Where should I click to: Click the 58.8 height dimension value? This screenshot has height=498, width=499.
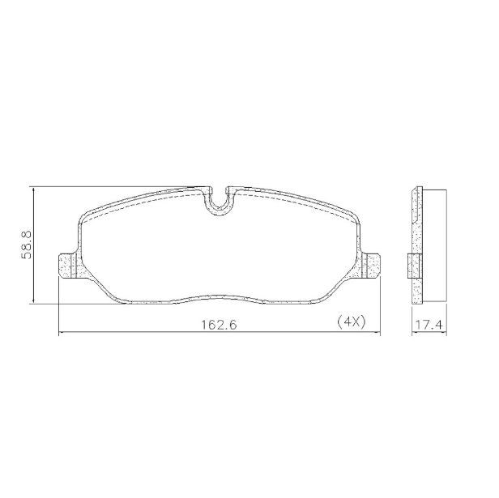pyautogui.click(x=26, y=244)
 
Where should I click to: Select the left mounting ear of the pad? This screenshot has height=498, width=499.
pyautogui.click(x=69, y=266)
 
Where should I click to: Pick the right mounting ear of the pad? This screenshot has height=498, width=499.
pyautogui.click(x=370, y=266)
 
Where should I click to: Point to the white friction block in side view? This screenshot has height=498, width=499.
pyautogui.click(x=433, y=243)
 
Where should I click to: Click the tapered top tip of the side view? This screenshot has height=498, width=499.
pyautogui.click(x=417, y=191)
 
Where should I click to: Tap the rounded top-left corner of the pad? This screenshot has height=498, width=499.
pyautogui.click(x=84, y=217)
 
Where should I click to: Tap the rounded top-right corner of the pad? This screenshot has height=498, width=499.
pyautogui.click(x=355, y=217)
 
